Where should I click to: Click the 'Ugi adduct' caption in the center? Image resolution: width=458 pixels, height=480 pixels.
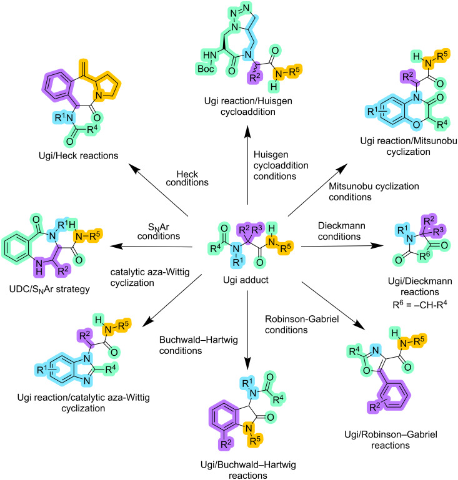(246, 280)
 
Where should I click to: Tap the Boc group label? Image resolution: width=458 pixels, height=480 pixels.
(206, 69)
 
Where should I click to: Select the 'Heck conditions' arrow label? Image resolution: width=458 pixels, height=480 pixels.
(187, 178)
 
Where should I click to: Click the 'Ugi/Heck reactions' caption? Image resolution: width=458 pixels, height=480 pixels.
(79, 155)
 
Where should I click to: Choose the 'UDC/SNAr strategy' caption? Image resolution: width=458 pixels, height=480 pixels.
(49, 289)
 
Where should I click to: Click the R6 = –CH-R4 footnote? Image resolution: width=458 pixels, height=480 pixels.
(420, 305)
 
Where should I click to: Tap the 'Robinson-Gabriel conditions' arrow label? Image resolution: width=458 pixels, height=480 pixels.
(302, 325)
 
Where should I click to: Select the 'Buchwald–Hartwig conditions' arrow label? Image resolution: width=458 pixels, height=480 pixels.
(199, 345)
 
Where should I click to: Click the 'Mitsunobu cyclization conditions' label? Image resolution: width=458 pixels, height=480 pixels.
(374, 192)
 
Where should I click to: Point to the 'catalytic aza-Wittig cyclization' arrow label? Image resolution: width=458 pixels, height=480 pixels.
(150, 277)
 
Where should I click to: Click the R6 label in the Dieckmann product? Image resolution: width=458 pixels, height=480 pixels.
(424, 255)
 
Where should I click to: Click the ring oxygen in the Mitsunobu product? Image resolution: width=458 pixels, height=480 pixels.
(416, 124)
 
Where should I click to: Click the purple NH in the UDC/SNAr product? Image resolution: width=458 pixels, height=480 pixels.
(39, 267)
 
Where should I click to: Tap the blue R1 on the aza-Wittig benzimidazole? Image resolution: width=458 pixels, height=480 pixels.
(42, 370)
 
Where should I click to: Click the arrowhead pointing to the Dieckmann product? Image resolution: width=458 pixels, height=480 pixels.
(378, 245)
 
